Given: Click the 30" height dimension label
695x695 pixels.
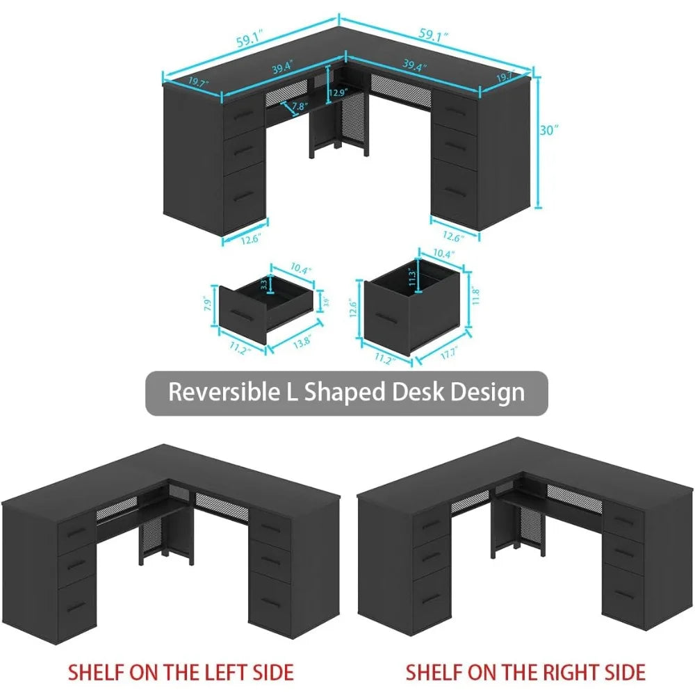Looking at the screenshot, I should coord(550,130).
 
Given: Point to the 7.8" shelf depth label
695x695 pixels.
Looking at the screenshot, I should coord(300,107).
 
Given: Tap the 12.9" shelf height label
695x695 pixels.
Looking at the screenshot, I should coord(338,92).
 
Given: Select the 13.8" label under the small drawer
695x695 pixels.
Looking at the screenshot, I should coord(302,341).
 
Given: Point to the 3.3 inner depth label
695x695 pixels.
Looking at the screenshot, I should coord(263,285).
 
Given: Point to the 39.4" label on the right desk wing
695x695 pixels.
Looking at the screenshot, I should coord(415,67).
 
